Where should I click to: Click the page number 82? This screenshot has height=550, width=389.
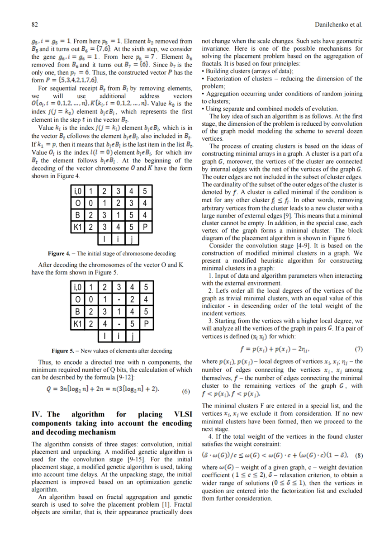tap(34, 24)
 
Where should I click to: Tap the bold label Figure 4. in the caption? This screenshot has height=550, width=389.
tap(59, 253)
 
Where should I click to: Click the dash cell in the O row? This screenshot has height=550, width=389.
tap(118, 299)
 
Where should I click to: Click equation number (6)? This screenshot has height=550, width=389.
tap(185, 392)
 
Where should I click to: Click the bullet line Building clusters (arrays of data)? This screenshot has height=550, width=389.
tap(247, 71)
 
